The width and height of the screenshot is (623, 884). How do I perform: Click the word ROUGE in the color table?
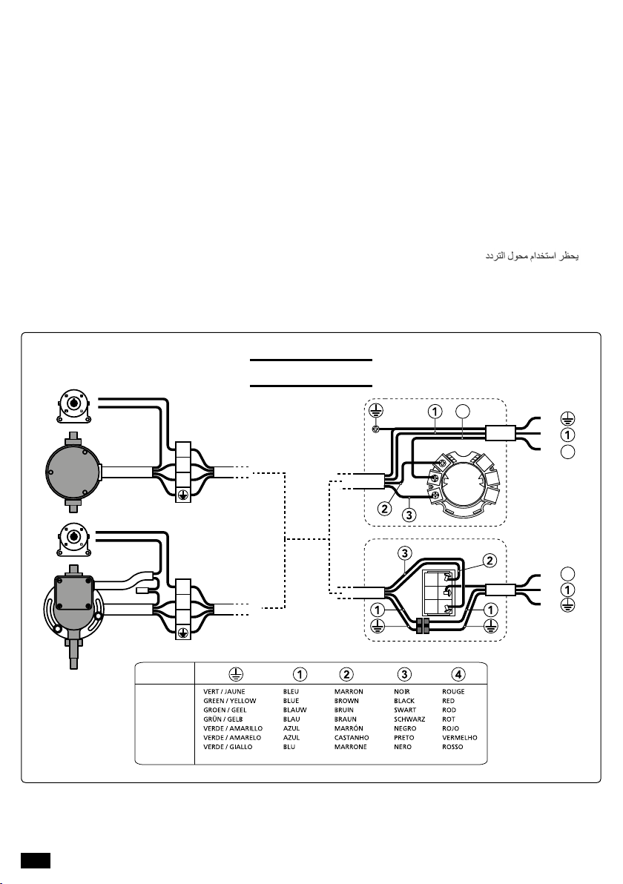pyautogui.click(x=453, y=691)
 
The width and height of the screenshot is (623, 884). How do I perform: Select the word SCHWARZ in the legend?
pyautogui.click(x=409, y=719)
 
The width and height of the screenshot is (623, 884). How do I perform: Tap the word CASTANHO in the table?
pyautogui.click(x=352, y=737)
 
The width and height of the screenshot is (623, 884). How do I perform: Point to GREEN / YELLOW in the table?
pyautogui.click(x=229, y=701)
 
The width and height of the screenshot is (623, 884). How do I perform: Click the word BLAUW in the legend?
pyautogui.click(x=295, y=710)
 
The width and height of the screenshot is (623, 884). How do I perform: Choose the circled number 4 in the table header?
pyautogui.click(x=458, y=673)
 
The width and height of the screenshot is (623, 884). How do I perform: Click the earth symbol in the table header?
pyautogui.click(x=236, y=673)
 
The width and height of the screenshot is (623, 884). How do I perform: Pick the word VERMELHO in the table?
pyautogui.click(x=460, y=737)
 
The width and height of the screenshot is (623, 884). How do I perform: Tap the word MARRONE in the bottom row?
pyautogui.click(x=350, y=747)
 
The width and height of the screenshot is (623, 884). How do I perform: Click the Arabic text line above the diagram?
pyautogui.click(x=533, y=257)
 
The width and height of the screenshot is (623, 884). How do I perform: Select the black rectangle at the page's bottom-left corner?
pyautogui.click(x=36, y=860)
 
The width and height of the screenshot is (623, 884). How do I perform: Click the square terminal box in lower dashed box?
pyautogui.click(x=444, y=592)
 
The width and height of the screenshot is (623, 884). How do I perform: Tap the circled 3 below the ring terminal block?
pyautogui.click(x=409, y=514)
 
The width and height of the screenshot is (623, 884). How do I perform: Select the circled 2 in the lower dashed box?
pyautogui.click(x=490, y=561)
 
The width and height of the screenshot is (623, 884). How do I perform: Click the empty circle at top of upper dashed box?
pyautogui.click(x=462, y=411)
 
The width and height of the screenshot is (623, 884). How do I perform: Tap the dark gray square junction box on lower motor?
pyautogui.click(x=72, y=593)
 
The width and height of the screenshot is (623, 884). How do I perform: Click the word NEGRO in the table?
pyautogui.click(x=405, y=728)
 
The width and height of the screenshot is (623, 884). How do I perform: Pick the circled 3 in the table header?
pyautogui.click(x=403, y=673)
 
